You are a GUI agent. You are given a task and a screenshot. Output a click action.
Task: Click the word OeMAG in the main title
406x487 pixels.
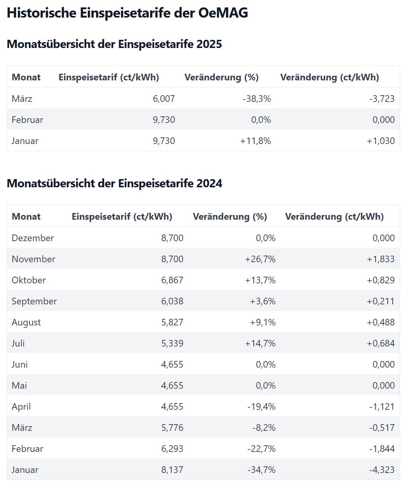pos(223,12)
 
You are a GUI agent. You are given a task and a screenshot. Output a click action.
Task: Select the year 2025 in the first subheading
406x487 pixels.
pos(209,44)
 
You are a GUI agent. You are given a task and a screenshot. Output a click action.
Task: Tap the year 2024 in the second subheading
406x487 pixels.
pos(209,183)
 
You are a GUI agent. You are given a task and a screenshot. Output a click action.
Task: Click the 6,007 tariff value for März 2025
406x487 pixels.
pos(164,99)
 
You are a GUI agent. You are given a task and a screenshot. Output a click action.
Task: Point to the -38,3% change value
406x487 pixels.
pos(256,99)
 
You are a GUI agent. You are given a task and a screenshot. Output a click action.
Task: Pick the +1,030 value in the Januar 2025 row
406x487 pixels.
pos(381,141)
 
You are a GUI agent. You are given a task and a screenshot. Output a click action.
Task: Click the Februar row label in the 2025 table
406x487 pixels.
pos(27,120)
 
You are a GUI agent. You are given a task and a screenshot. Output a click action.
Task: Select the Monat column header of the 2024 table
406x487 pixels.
pos(26,217)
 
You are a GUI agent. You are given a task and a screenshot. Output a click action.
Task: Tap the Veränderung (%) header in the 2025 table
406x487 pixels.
pos(222,77)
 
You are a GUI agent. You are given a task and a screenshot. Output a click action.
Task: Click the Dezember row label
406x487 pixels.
pos(33,238)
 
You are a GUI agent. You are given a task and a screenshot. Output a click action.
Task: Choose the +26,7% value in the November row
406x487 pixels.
pos(260,259)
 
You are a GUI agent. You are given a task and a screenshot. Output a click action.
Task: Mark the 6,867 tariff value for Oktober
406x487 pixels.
pos(172,280)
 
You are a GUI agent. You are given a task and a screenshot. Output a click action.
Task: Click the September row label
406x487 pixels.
pos(34,301)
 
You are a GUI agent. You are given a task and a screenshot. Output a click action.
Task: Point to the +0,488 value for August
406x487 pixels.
pos(381,322)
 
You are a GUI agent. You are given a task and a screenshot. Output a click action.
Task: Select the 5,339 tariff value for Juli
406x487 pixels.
pos(172,343)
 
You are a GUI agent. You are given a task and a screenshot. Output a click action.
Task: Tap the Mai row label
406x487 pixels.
pos(19,385)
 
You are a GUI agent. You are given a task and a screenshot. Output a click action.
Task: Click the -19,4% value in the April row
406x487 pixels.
pos(261,407)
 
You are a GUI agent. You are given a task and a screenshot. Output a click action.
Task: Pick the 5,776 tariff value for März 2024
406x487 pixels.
pos(172,428)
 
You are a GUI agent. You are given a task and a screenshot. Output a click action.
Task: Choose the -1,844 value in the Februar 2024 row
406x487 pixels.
pos(382,448)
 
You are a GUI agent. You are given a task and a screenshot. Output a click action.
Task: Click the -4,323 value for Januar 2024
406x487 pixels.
pos(382,470)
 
